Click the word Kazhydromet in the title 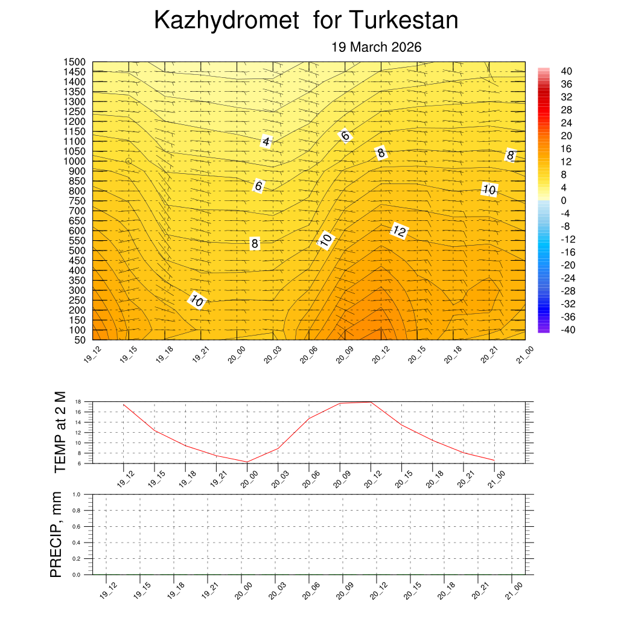click(226, 21)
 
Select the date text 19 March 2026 click(376, 47)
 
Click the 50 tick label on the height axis click(79, 340)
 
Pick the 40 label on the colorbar click(566, 71)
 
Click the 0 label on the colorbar click(564, 200)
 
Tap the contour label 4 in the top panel click(266, 142)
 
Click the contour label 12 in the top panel click(399, 231)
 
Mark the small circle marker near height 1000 click(129, 161)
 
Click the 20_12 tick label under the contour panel click(380, 358)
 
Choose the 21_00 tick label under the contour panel click(524, 358)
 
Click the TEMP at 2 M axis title click(60, 432)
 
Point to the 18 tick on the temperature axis click(78, 402)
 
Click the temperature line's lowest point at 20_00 click(247, 462)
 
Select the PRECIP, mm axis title click(56, 534)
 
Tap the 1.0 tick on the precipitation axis click(77, 494)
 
